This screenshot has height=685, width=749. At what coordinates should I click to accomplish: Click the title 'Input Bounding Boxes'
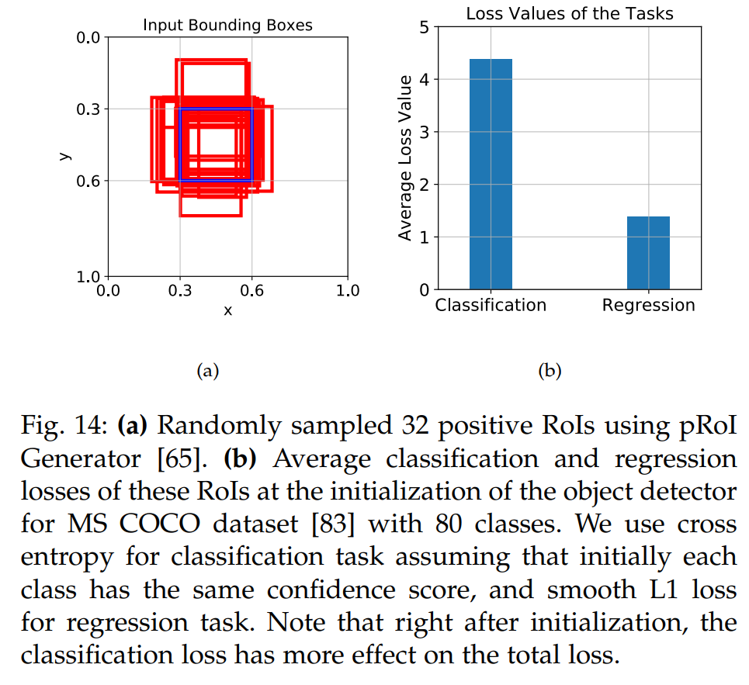pos(227,26)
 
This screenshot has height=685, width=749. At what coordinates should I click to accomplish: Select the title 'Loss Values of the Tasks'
pos(569,12)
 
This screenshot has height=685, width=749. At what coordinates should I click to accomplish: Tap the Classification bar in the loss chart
pos(491,174)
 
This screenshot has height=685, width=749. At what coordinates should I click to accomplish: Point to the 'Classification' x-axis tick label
pos(491,305)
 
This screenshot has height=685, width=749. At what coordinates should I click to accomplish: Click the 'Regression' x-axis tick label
pos(648,305)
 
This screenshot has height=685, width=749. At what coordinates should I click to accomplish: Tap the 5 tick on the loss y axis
pos(424,27)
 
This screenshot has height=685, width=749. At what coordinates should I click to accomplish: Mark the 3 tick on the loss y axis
pos(424,132)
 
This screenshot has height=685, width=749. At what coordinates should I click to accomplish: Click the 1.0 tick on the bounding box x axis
pos(348,291)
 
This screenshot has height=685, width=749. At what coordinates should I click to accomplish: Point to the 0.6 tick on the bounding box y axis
pos(89,181)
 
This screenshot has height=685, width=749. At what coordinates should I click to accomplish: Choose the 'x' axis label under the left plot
pos(227,310)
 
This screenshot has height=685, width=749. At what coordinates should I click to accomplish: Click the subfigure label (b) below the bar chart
pos(549,371)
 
